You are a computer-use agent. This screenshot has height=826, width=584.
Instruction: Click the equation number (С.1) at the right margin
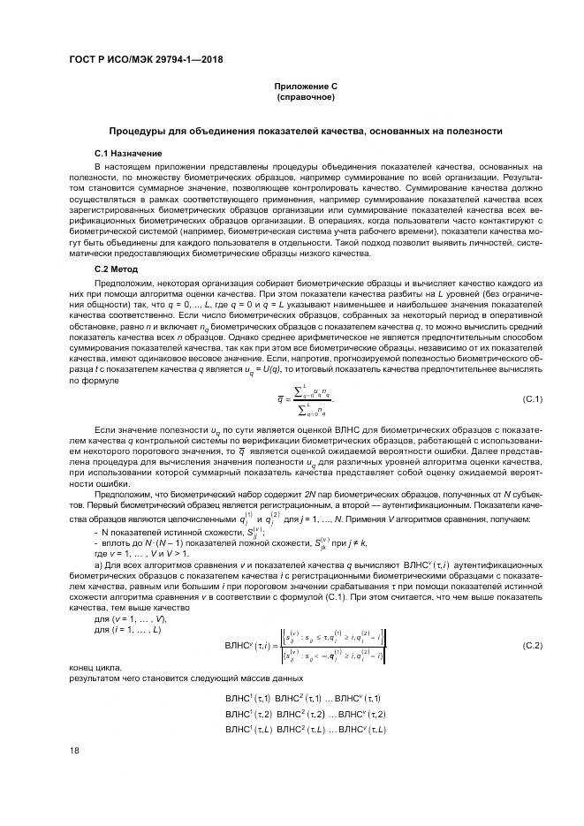point(532,400)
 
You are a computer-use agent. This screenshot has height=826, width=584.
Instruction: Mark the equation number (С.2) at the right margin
point(532,646)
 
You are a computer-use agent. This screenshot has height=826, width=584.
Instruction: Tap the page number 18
point(74,750)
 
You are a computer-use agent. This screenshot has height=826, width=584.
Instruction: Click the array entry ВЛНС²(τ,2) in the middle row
point(300,714)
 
